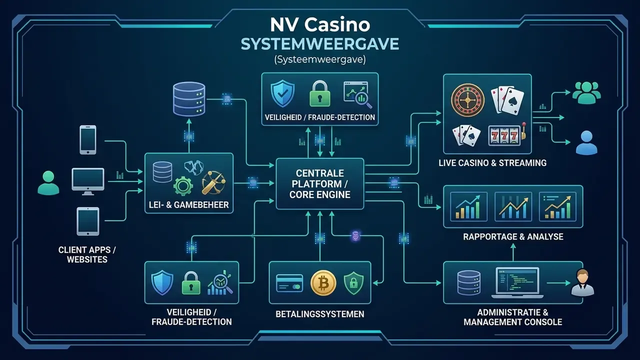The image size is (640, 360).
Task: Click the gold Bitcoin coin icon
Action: [323, 283]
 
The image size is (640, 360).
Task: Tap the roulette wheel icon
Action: [467, 100]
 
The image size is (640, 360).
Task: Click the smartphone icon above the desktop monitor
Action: [87, 139]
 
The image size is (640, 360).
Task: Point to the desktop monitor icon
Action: [87, 181]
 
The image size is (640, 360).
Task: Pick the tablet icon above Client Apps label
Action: [87, 221]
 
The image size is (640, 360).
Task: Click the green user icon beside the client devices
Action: [48, 183]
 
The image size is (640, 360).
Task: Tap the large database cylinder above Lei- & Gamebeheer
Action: [189, 99]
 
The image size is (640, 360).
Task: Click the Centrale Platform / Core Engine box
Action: [319, 183]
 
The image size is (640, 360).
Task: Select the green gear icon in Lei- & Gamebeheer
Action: [183, 185]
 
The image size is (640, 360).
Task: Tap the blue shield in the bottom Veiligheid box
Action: [162, 282]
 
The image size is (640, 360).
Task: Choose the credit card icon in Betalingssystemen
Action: [289, 283]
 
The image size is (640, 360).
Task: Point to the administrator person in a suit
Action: [582, 282]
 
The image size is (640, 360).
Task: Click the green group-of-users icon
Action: [586, 93]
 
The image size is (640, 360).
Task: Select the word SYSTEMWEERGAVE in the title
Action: [319, 44]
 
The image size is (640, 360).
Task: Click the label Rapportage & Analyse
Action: [513, 236]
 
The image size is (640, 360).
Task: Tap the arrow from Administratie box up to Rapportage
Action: [513, 252]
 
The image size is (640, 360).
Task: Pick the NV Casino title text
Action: [319, 24]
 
